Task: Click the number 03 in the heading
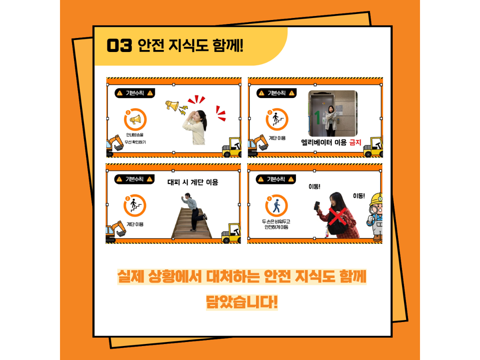[x=119, y=46]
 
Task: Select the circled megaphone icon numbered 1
[x=135, y=119]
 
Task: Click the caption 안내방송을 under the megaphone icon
[x=135, y=135]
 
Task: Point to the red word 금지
[x=355, y=142]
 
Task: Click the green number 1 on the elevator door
[x=317, y=118]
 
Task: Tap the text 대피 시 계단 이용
[x=193, y=182]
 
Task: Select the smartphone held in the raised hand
[x=317, y=206]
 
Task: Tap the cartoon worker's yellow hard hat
[x=376, y=199]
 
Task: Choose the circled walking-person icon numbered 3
[x=276, y=206]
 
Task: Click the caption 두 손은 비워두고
[x=276, y=222]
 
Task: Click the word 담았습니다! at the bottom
[x=242, y=302]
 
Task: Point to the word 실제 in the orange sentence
[x=131, y=276]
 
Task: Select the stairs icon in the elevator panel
[x=277, y=119]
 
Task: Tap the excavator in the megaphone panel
[x=115, y=145]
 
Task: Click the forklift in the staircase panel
[x=231, y=233]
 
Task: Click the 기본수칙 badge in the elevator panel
[x=276, y=93]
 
